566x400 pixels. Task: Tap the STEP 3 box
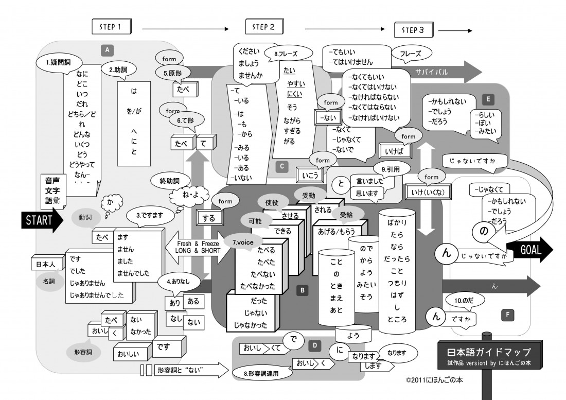[x=414, y=30]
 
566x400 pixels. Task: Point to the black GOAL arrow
[x=530, y=250]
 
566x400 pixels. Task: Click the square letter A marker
[x=107, y=49]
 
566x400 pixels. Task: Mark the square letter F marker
[x=507, y=313]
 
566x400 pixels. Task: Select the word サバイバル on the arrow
[x=429, y=73]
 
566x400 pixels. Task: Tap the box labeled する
[x=209, y=218]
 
